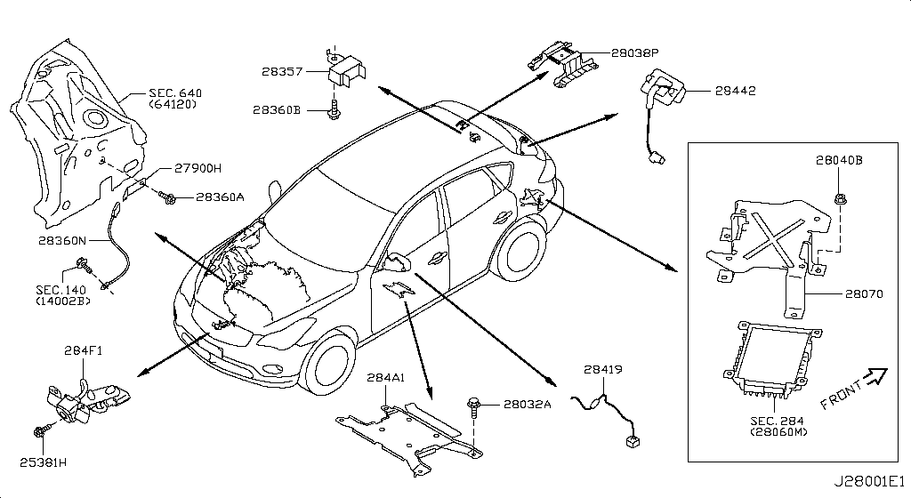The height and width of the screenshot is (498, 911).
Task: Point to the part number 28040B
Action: click(x=839, y=161)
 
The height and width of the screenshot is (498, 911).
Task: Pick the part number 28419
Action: click(x=604, y=370)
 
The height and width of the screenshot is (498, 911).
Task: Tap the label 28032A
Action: click(x=528, y=405)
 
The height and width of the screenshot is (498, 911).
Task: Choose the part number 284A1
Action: click(x=386, y=378)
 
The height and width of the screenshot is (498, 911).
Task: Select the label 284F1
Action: click(x=81, y=350)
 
